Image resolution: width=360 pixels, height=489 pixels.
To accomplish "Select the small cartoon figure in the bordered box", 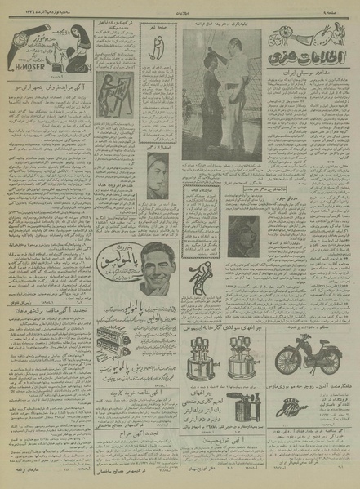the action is coord(156,51).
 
